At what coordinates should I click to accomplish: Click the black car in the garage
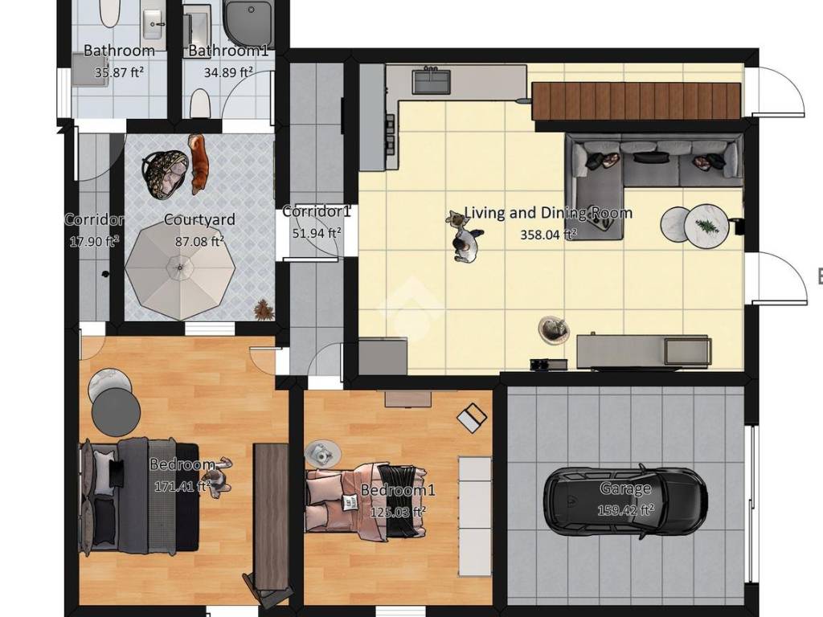click(625, 501)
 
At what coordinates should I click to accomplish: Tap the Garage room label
click(625, 489)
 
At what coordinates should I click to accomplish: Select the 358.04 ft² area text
click(548, 235)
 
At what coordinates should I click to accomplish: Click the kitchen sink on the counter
click(432, 81)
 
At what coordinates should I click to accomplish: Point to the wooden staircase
click(637, 100)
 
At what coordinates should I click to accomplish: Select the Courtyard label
click(199, 219)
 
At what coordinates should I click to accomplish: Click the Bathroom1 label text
click(228, 51)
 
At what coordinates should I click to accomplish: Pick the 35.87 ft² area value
click(119, 72)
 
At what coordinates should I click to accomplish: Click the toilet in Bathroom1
click(199, 103)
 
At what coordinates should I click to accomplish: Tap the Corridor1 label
click(316, 211)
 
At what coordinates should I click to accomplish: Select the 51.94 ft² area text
click(317, 232)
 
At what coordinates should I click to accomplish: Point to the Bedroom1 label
click(398, 490)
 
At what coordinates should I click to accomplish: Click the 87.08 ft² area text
click(199, 241)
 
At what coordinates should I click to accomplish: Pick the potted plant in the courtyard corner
click(264, 310)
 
